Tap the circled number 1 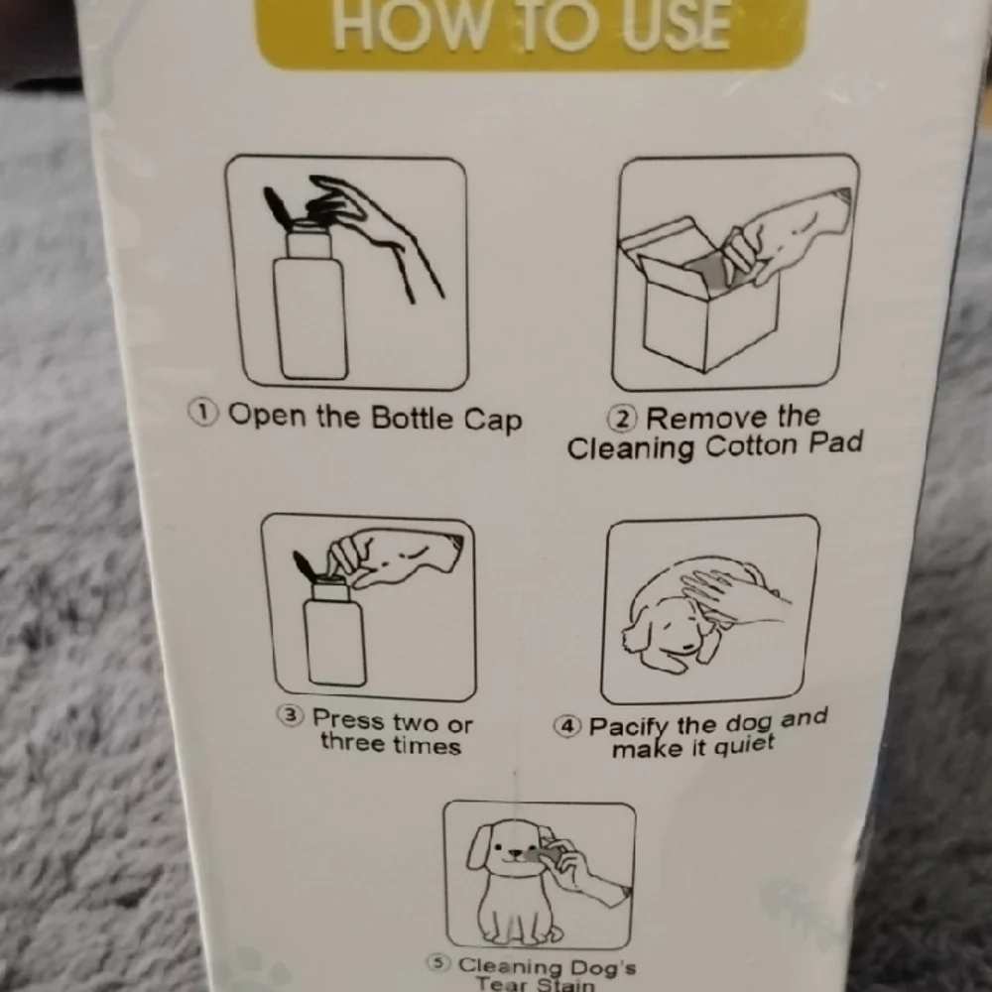(x=203, y=413)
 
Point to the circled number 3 (x=291, y=716)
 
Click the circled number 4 (x=567, y=726)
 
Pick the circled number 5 (x=436, y=963)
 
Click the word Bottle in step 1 (x=412, y=418)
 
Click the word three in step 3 (x=352, y=741)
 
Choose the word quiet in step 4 (x=744, y=745)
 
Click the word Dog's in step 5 (x=603, y=967)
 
